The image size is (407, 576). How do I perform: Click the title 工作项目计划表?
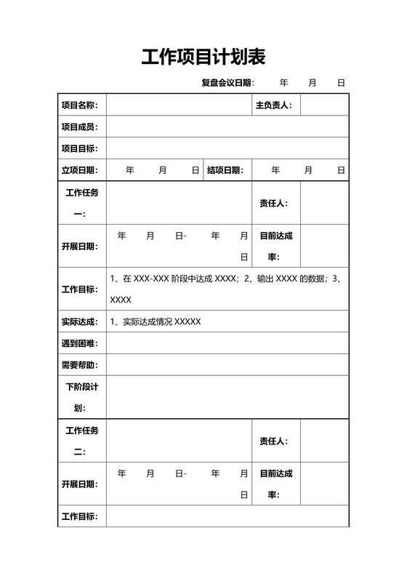pos(203,57)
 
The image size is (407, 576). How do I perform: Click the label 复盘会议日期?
pos(227,83)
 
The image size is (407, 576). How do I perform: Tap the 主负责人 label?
pos(273,105)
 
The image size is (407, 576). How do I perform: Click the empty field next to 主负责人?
pos(324,105)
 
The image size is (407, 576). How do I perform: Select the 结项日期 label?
pos(225,171)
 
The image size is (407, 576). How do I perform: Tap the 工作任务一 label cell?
pos(82,203)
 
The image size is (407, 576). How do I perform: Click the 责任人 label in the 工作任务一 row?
pos(273,203)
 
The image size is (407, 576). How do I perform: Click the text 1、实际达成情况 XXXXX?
pos(155,321)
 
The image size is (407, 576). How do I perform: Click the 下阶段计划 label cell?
pos(82,397)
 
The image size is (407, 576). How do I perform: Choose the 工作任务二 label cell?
pos(82,441)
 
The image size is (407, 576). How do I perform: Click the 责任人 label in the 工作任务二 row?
pos(273,441)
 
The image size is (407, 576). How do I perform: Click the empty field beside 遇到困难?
pos(227,343)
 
